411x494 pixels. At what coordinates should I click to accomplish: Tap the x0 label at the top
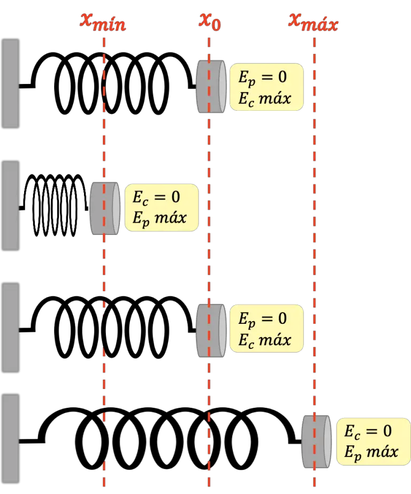tap(211, 21)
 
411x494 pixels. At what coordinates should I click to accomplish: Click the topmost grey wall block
tap(11, 83)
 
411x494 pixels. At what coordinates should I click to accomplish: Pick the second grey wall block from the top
tap(11, 205)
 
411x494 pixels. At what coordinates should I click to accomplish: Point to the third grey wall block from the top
tap(11, 327)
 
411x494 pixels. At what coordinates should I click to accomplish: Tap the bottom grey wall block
tap(11, 439)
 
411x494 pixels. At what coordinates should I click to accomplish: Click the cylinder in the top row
tap(211, 87)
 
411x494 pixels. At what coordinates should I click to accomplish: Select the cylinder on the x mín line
tap(104, 208)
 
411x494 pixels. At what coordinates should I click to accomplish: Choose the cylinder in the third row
tap(211, 331)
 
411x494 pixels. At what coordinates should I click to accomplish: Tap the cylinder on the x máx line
tap(316, 442)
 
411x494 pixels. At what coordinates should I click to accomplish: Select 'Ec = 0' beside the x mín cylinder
tap(156, 197)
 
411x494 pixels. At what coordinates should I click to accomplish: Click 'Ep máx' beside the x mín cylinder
tap(159, 218)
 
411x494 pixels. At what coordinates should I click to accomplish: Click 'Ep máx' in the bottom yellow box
tap(371, 452)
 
